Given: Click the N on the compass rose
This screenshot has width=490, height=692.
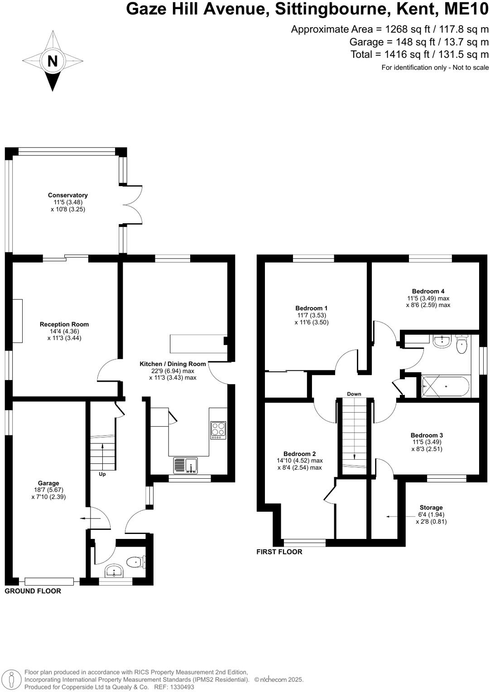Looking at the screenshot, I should (x=53, y=61).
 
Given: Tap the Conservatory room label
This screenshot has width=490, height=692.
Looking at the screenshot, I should (x=68, y=196).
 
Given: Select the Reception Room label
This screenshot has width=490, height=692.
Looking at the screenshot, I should (x=64, y=324).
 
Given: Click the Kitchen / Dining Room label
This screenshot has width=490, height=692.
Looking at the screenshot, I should (x=173, y=364).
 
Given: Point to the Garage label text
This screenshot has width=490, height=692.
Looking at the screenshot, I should (x=48, y=483).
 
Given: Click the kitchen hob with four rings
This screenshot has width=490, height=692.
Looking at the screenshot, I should (x=218, y=430).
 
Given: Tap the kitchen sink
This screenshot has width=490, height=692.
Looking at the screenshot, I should (x=186, y=466).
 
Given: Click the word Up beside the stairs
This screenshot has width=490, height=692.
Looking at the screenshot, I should (x=102, y=474).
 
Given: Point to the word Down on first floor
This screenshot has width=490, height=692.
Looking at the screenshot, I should (x=354, y=394).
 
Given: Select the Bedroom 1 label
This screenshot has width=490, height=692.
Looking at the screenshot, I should (x=312, y=308).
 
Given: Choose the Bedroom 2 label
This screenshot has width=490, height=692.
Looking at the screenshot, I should (x=299, y=454).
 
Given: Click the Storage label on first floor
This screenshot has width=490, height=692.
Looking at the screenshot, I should (x=431, y=508).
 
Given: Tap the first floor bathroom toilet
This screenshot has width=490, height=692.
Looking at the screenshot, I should (x=461, y=345).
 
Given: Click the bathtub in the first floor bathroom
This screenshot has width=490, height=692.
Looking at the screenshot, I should (x=446, y=387).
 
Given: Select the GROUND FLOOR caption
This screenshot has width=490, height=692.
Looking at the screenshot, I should (x=33, y=591).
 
